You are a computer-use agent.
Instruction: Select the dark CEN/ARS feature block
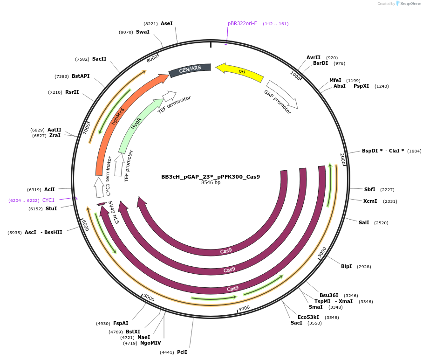[x=190, y=69]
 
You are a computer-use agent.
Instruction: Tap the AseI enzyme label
[x=166, y=23]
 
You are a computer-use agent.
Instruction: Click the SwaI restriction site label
[x=143, y=32]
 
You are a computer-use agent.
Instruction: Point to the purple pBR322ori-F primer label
[x=242, y=23]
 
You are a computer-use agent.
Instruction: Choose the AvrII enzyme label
[x=313, y=57]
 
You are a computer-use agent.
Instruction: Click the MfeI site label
[x=335, y=80]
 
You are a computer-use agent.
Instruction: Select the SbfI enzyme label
[x=369, y=189]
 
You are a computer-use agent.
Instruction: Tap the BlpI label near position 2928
[x=346, y=266]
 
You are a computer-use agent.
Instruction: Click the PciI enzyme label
[x=182, y=352]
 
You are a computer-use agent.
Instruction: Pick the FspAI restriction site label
[x=121, y=323]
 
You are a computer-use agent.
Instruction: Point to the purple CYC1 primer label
[x=48, y=200]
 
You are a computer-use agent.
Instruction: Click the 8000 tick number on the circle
[x=152, y=59]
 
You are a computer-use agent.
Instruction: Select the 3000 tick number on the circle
[x=322, y=252]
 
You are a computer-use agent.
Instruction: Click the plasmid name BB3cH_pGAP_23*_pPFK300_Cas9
[x=211, y=177]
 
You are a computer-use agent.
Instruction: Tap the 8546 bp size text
[x=211, y=183]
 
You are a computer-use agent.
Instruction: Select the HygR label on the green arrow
[x=136, y=124]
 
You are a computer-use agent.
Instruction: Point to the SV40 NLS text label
[x=114, y=212]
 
